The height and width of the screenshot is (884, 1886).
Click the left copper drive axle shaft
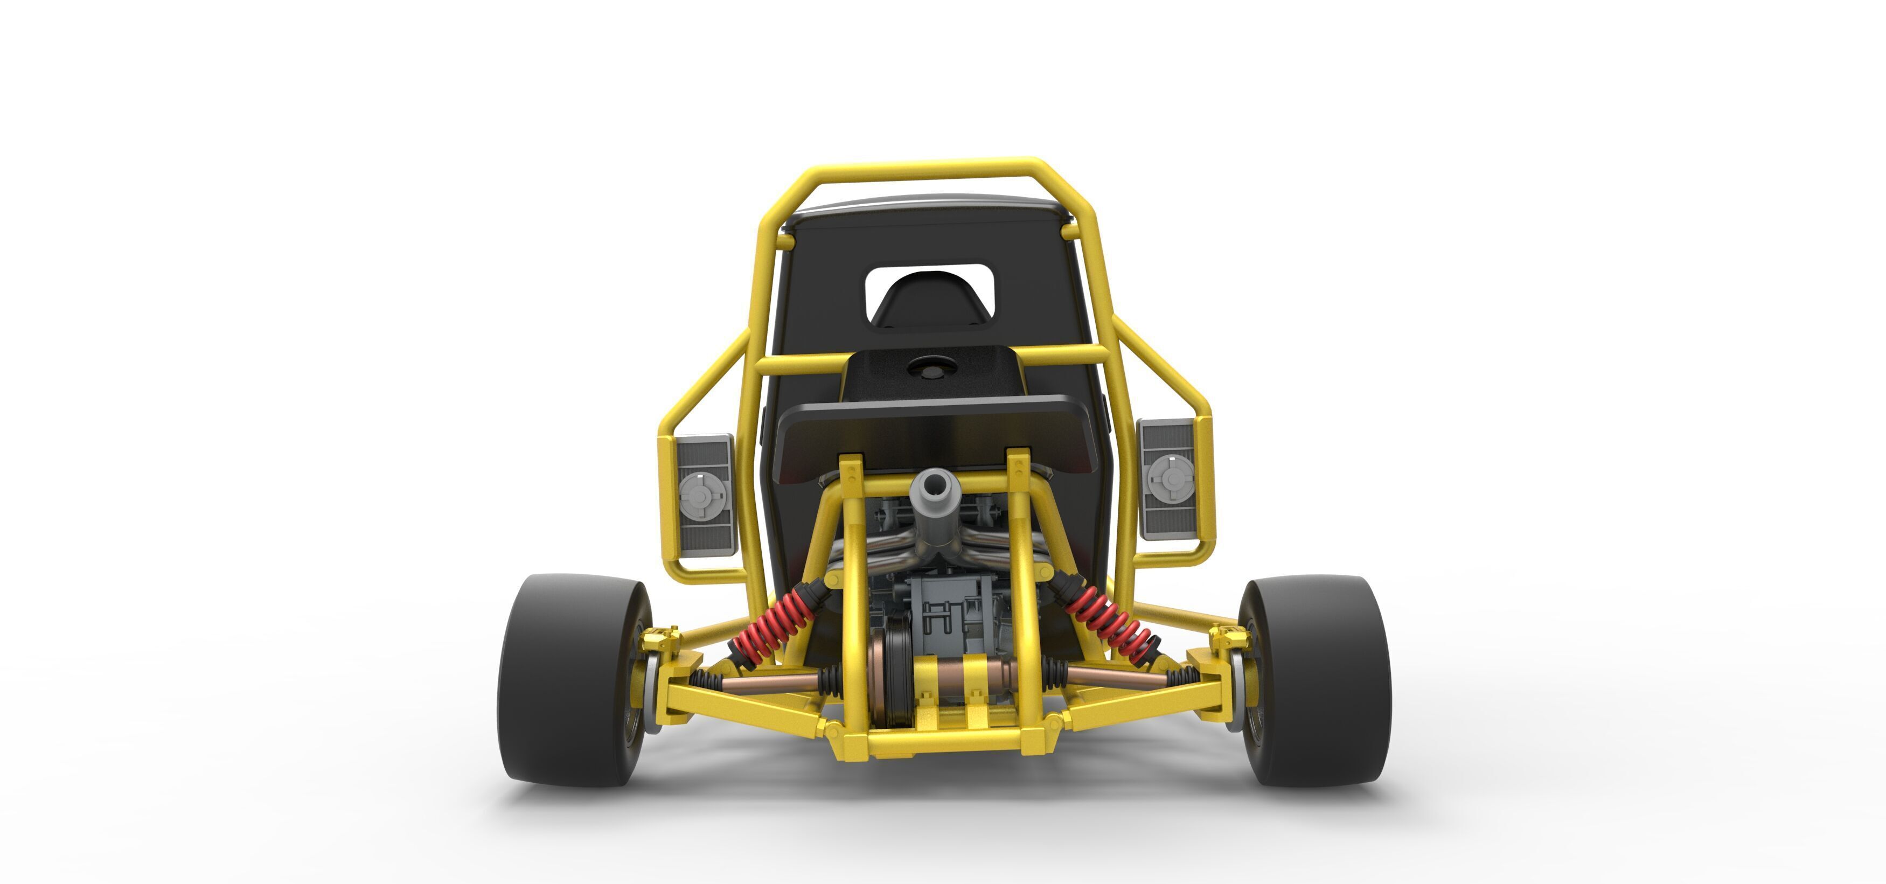pos(769,681)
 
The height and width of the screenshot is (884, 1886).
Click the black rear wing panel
pos(930,432)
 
